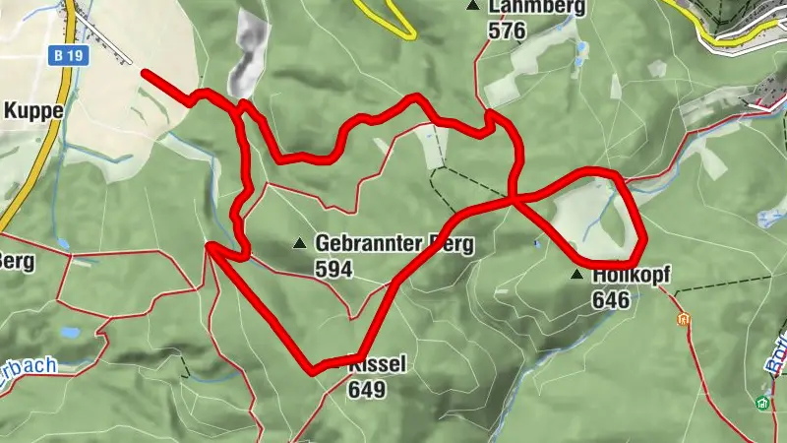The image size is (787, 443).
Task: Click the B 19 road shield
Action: tap(68, 57)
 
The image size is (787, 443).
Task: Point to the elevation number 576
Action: tap(507, 31)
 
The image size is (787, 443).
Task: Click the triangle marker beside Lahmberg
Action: tap(475, 6)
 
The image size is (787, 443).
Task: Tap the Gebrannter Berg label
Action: tap(393, 243)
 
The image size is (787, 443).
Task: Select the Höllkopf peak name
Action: tap(631, 276)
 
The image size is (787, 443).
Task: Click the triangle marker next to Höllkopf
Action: tap(577, 275)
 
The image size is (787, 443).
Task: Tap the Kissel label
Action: tap(376, 366)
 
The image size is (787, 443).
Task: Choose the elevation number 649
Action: tap(366, 389)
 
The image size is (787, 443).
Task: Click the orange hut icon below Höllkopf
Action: tap(684, 319)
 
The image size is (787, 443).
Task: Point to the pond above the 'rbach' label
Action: tap(71, 333)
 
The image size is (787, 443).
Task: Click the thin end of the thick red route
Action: tap(145, 72)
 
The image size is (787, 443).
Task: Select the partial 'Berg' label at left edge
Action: tap(17, 260)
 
